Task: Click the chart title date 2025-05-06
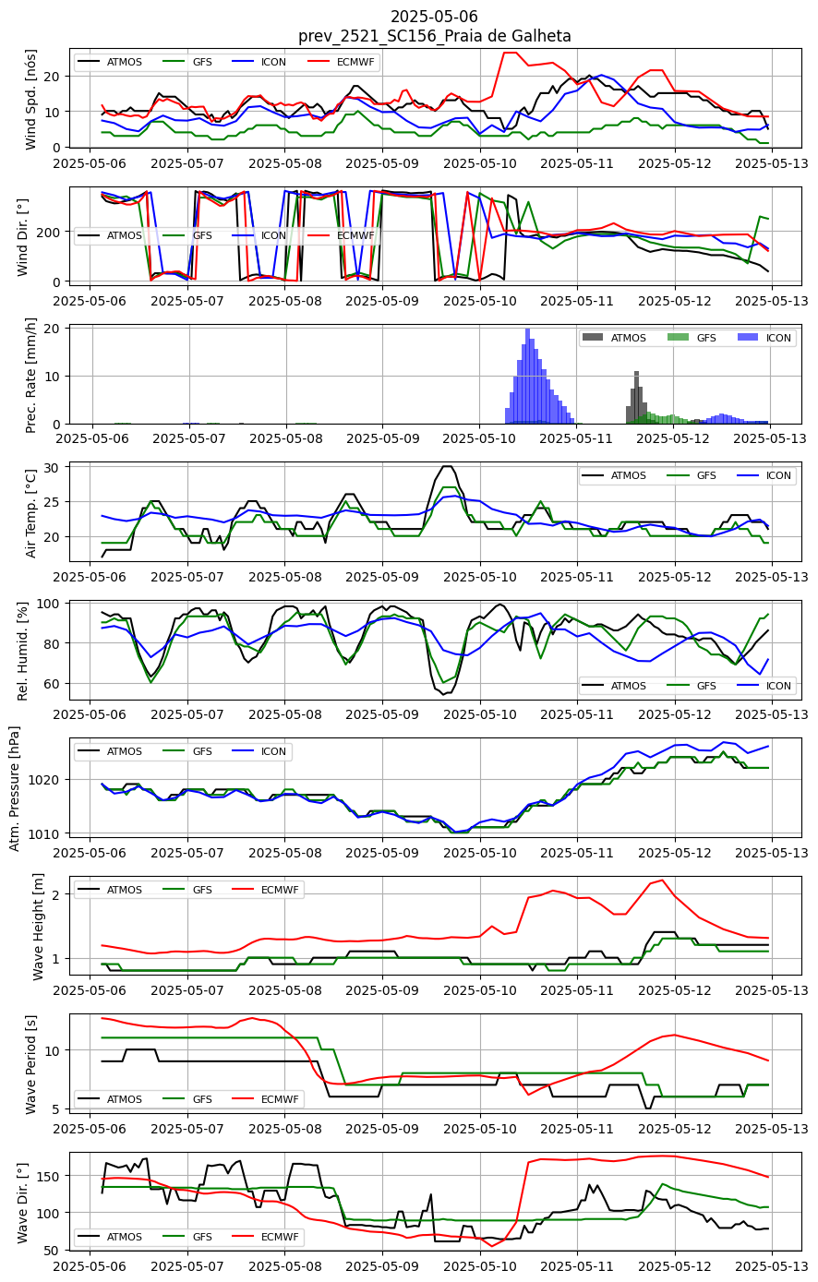(x=434, y=16)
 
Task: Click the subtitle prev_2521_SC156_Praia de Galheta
(x=435, y=36)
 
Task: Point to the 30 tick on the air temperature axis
(x=52, y=468)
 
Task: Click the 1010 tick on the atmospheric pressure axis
(x=44, y=833)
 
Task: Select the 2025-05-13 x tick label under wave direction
(x=772, y=1266)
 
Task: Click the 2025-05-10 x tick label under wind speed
(x=480, y=163)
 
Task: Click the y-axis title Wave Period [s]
(x=30, y=1064)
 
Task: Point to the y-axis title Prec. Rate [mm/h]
(x=30, y=376)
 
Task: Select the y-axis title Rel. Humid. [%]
(x=23, y=652)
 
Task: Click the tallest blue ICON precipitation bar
(x=527, y=376)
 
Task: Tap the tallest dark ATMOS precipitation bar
(x=636, y=398)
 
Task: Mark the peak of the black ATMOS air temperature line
(x=448, y=466)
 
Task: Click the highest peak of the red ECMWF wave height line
(x=662, y=881)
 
